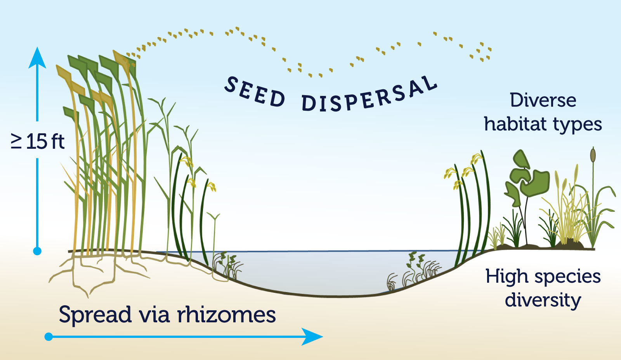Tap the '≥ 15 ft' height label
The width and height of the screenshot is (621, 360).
pyautogui.click(x=38, y=141)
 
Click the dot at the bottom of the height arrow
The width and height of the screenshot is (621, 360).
pyautogui.click(x=37, y=251)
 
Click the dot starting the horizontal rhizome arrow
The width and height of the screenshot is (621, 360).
pyautogui.click(x=49, y=336)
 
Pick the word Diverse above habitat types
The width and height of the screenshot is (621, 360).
pyautogui.click(x=543, y=100)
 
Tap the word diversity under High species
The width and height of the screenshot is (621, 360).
pyautogui.click(x=543, y=300)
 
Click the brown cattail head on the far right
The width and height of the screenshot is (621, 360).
pyautogui.click(x=593, y=155)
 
